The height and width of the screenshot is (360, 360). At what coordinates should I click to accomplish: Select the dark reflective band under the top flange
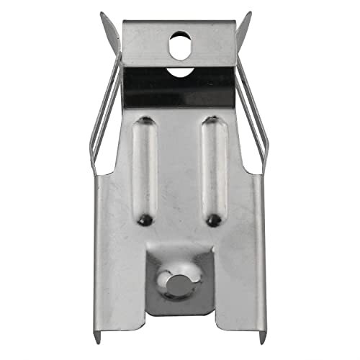pos(180,86)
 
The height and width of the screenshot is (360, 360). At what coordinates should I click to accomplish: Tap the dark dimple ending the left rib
pos(145,217)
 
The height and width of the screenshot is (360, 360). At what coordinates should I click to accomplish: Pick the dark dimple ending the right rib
pos(212,217)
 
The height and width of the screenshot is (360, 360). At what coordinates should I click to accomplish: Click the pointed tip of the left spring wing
pos(102,14)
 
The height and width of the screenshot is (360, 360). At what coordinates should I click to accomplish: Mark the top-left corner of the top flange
pos(124,22)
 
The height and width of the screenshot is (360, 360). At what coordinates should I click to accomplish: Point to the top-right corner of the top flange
pos(236,22)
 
